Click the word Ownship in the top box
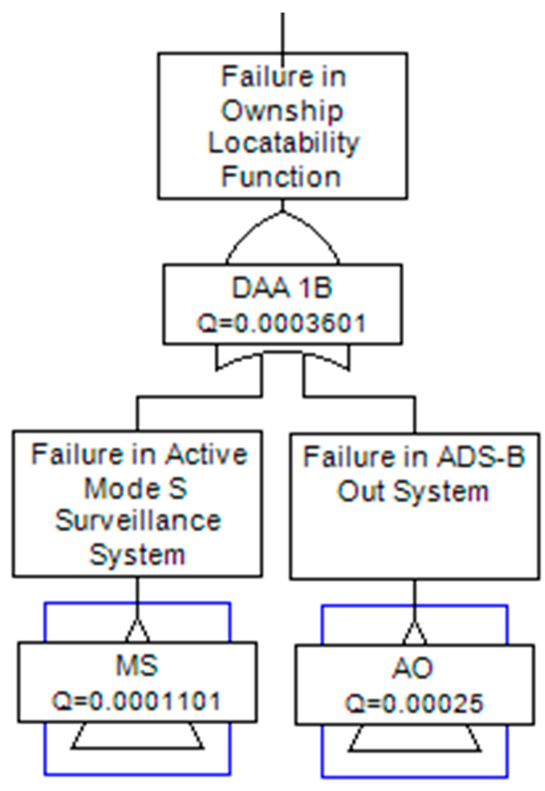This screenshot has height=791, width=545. [x=282, y=111]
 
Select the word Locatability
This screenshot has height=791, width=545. [x=283, y=144]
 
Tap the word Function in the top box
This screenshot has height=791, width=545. [x=281, y=177]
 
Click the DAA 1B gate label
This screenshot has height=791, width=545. [x=282, y=288]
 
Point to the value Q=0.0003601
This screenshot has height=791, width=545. [x=281, y=324]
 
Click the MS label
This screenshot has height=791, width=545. [x=137, y=665]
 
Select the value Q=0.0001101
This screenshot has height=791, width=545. [x=137, y=701]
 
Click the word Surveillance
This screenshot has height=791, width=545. [x=138, y=521]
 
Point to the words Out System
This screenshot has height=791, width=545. [x=413, y=492]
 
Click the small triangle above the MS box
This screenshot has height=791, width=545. [x=137, y=632]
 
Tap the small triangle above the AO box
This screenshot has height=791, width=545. [x=414, y=634]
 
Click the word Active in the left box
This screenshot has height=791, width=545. [x=206, y=455]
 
